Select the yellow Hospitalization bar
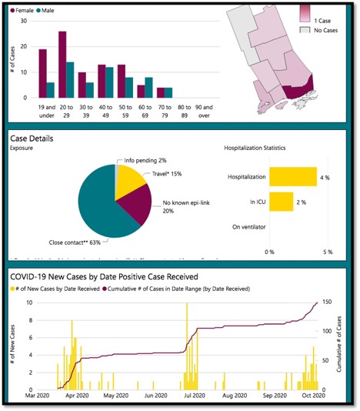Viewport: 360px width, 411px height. coord(293,177)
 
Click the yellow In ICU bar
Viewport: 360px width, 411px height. coord(281,202)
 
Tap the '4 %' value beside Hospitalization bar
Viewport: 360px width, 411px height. coord(326,177)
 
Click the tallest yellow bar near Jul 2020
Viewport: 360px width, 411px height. coord(186,346)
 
